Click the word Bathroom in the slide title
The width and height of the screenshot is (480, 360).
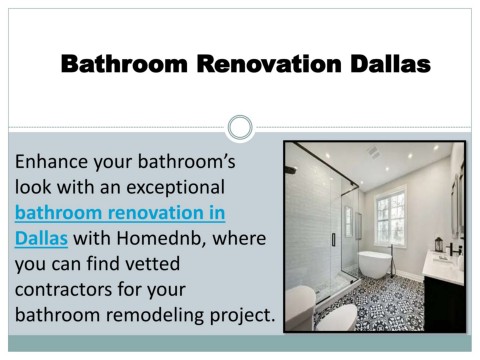point(124,63)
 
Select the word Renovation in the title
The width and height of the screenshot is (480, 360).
point(269,63)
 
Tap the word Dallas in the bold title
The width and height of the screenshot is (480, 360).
point(390,63)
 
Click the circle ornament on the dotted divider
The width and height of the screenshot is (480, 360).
point(240,127)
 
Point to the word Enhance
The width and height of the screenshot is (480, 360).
point(51,161)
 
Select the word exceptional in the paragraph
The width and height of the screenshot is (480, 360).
point(175,188)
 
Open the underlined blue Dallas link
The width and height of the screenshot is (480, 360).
point(41,238)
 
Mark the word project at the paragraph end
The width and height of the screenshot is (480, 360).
point(242,316)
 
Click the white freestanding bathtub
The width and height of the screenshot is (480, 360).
point(375,263)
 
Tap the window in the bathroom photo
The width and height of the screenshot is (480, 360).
point(391,216)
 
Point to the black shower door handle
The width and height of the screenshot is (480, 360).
point(333,240)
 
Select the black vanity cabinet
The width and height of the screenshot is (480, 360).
point(444,303)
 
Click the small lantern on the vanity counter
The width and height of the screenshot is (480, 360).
point(439,244)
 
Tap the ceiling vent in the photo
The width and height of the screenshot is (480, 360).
point(374,152)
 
